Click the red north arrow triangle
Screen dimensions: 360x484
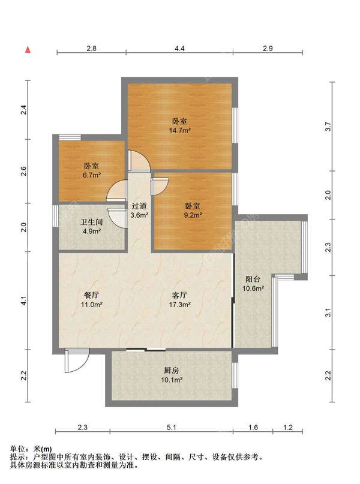(28, 49)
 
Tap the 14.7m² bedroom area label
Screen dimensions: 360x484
(179, 126)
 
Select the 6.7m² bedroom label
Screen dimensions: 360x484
(92, 171)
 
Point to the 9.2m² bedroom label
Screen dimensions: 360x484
(193, 211)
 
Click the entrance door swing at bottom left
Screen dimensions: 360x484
(77, 360)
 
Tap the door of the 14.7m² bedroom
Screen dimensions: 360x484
(139, 161)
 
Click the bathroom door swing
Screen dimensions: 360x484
(118, 218)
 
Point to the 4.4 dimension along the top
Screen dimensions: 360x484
(179, 49)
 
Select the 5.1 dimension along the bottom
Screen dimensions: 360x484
(172, 428)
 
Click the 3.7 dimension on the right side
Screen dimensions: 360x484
(328, 127)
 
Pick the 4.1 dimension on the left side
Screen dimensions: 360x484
(24, 300)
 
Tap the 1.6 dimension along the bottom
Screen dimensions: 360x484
(253, 428)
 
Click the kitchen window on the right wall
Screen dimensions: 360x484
(235, 375)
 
